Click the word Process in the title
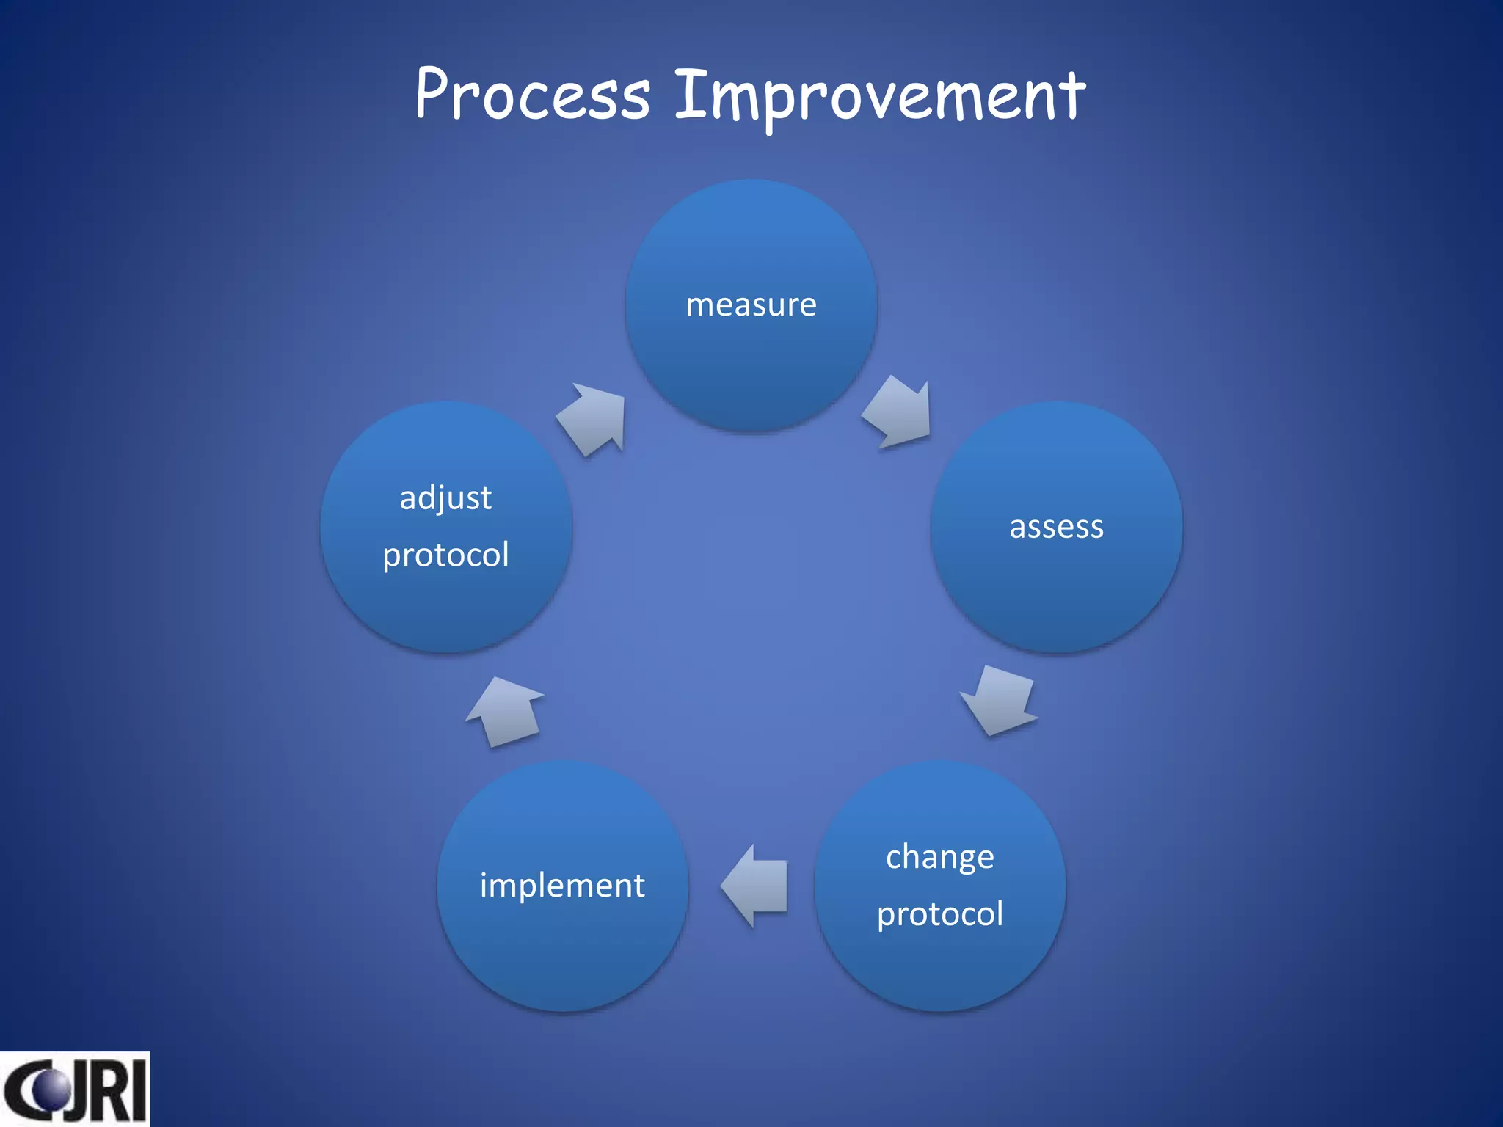point(533,95)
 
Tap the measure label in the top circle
point(751,304)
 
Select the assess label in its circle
point(1056,527)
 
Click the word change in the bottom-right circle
point(939,857)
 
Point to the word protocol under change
point(939,914)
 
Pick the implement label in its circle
point(562,886)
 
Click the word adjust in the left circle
point(445,498)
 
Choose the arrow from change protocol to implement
point(756,886)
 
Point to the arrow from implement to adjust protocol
point(506,711)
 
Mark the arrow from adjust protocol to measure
point(594,418)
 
